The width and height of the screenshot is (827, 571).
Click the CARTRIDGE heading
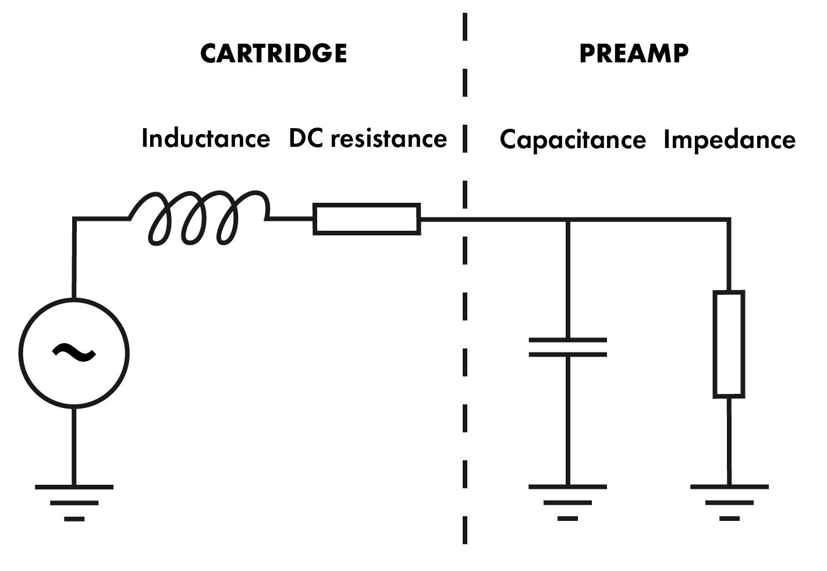coord(274,54)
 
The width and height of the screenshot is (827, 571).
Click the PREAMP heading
coord(634,54)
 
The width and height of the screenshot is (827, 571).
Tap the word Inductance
coord(205,139)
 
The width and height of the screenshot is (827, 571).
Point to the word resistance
coord(389,139)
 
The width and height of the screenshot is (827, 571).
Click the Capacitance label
coord(573,140)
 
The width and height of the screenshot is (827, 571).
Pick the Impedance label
coord(729,140)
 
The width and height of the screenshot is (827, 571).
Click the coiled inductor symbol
coord(198,218)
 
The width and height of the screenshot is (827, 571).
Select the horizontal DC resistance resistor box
coord(367,219)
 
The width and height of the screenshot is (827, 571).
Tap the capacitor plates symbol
coord(567,347)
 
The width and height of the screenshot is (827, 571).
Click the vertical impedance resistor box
coord(729,344)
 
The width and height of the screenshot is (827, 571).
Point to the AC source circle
coord(74,353)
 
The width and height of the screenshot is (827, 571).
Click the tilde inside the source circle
coord(74,351)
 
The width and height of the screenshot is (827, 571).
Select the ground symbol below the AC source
coord(74,501)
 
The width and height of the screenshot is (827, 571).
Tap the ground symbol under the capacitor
coord(567,501)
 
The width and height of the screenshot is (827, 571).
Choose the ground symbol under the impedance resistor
coord(729,501)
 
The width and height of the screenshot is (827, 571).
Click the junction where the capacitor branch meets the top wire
coord(567,220)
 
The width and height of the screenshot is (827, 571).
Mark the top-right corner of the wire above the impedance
coord(729,220)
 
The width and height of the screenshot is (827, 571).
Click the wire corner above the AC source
coord(74,219)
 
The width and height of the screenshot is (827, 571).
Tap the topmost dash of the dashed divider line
coord(465,27)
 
